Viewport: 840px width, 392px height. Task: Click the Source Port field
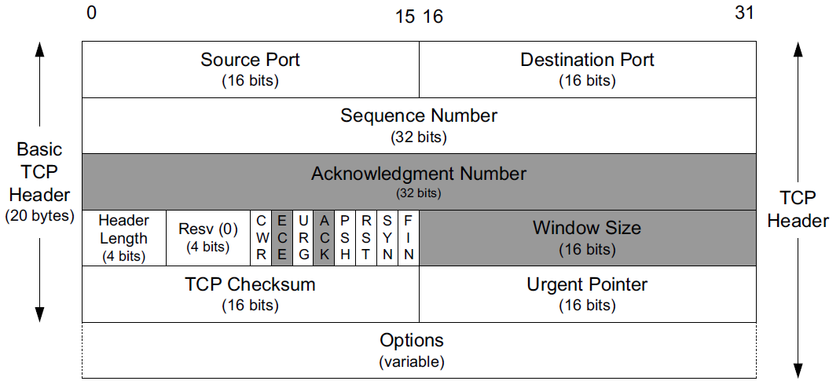point(250,69)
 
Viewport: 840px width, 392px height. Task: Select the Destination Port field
point(587,69)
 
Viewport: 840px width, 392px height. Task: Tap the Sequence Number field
point(419,126)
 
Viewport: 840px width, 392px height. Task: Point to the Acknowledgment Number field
point(419,181)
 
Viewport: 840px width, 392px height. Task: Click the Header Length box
point(124,237)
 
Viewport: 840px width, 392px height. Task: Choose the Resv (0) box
point(208,237)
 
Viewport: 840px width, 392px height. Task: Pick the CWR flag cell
point(262,237)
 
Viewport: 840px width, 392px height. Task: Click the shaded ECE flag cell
point(282,237)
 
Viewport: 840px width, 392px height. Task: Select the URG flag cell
point(303,237)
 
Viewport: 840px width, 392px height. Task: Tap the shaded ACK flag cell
point(325,237)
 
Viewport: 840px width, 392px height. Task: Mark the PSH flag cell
point(346,237)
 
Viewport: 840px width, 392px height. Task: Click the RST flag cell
point(366,237)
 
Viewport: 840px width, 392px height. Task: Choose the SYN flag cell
point(387,237)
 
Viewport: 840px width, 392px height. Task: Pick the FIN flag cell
point(409,237)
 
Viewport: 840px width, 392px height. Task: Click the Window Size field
point(587,237)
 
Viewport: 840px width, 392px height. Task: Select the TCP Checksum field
point(250,294)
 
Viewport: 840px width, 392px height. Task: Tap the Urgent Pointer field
point(587,294)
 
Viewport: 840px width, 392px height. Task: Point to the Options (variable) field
point(419,350)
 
